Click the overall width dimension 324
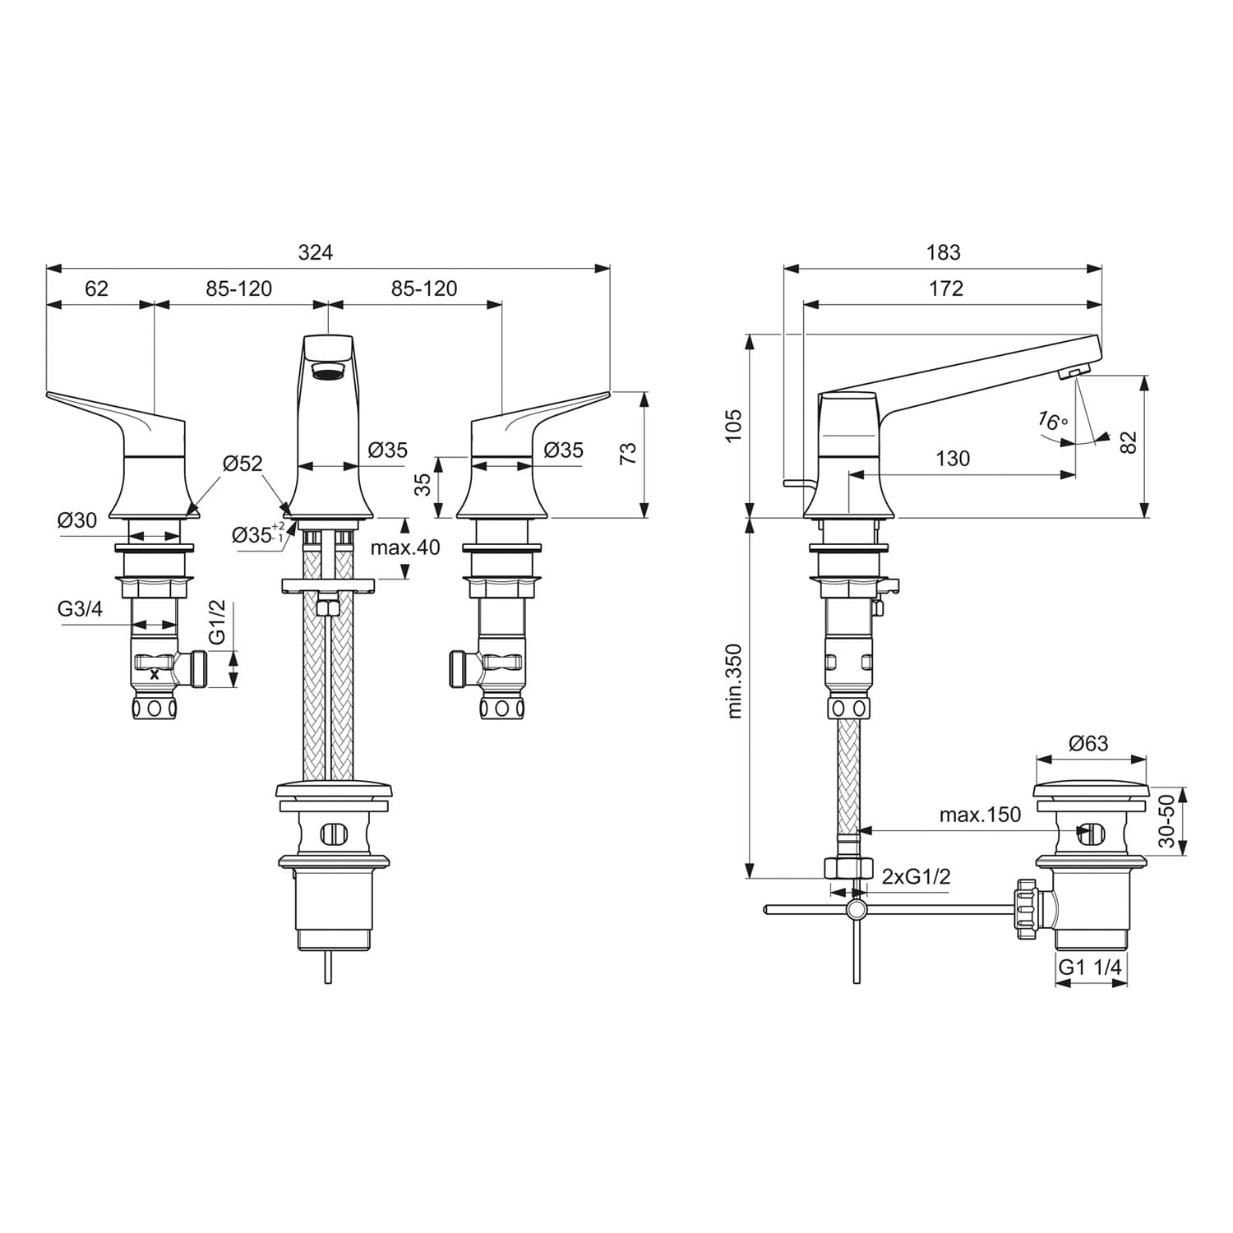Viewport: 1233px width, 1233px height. [316, 252]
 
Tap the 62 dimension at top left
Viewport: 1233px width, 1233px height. [97, 289]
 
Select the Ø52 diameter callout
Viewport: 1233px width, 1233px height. [242, 464]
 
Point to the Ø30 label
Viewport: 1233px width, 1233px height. [77, 520]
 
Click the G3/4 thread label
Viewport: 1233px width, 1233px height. [81, 609]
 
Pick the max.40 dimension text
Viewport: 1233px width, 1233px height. [405, 547]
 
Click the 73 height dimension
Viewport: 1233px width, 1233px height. [628, 454]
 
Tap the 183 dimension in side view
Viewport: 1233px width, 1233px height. [943, 252]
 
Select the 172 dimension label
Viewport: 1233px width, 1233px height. [946, 289]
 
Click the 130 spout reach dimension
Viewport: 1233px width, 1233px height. [953, 458]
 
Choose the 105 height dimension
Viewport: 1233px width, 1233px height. [734, 426]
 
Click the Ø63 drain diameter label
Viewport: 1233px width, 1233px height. [1088, 744]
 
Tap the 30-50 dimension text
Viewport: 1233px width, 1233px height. [1166, 821]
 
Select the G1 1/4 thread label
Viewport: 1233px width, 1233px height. [1090, 967]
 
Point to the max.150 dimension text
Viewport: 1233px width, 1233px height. [981, 815]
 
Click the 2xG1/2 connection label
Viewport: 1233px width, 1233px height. [917, 876]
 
